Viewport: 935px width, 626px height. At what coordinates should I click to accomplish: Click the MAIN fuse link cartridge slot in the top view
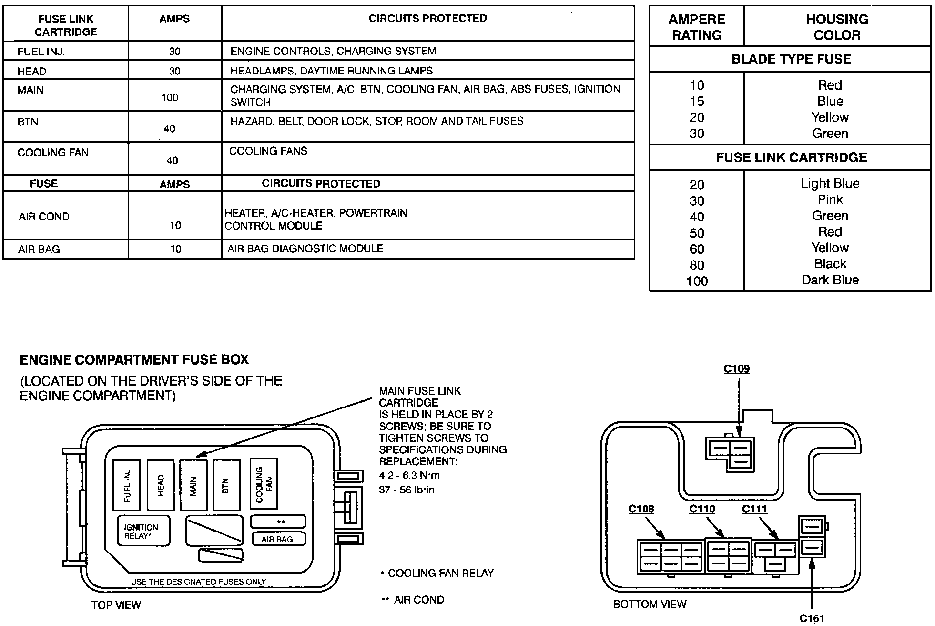193,485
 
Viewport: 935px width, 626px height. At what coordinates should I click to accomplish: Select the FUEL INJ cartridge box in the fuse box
126,485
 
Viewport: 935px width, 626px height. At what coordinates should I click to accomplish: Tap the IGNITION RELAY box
143,531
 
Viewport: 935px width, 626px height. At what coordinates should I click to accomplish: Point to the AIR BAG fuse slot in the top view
278,539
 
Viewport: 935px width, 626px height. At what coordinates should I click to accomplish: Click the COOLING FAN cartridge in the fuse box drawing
264,484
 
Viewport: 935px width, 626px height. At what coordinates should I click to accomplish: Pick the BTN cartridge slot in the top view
226,485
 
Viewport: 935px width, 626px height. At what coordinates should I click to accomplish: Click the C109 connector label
736,369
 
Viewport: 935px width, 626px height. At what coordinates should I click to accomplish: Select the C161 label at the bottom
812,618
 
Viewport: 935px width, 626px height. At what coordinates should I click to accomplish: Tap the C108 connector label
641,509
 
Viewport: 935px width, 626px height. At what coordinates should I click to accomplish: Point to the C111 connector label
755,509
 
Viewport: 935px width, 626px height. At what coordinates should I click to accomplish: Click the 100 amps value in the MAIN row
170,98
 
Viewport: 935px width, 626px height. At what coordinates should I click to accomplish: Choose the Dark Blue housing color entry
830,280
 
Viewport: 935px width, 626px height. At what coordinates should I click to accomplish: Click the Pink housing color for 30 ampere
830,200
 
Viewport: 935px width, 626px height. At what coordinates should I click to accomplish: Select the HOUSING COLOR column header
837,27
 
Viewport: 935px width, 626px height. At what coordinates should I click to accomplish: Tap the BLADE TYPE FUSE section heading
791,59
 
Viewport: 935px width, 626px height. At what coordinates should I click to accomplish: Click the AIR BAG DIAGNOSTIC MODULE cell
305,249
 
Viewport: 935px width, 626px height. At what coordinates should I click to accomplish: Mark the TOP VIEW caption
116,605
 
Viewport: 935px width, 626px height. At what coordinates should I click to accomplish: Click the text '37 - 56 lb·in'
407,490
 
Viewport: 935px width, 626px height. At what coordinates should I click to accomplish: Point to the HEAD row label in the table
32,72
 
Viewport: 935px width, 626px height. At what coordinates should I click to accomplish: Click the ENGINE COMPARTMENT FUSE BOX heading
134,359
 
